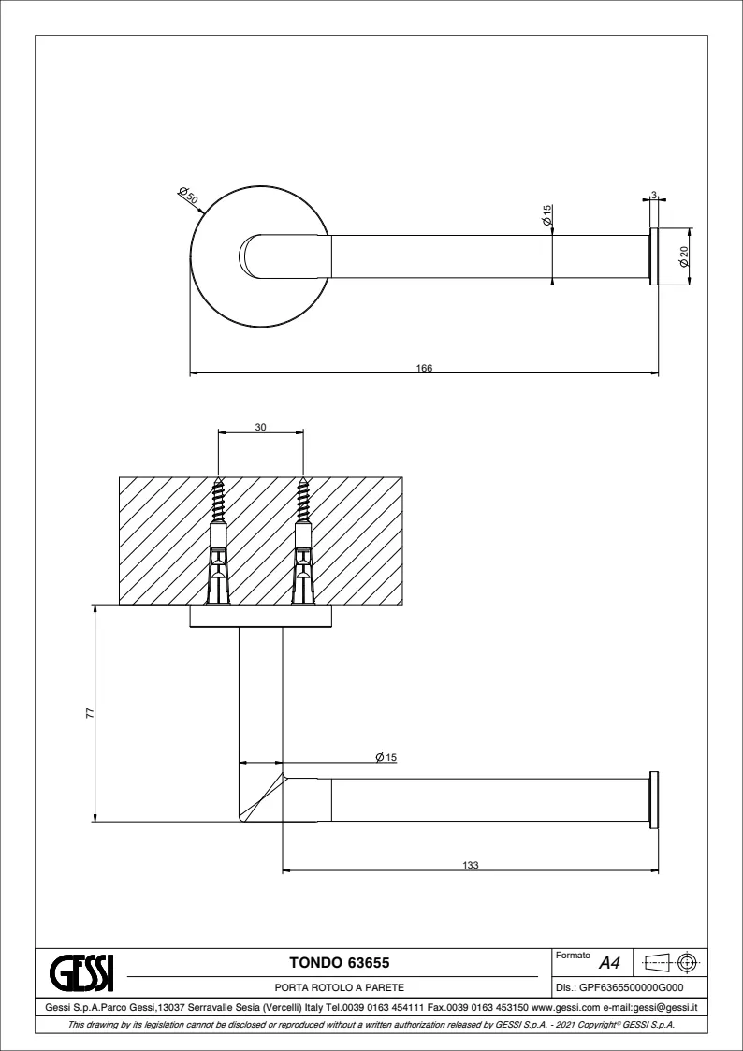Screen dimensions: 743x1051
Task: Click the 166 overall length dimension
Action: click(424, 368)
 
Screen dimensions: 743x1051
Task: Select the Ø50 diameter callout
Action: click(188, 195)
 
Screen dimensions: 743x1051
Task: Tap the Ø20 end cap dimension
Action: click(684, 256)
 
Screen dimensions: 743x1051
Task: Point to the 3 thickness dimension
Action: click(653, 196)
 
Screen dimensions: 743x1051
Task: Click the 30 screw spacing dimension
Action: click(261, 427)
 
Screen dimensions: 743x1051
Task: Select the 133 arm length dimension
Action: click(471, 865)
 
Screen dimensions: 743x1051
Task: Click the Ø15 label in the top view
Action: click(546, 215)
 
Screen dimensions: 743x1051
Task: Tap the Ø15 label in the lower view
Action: click(386, 757)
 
